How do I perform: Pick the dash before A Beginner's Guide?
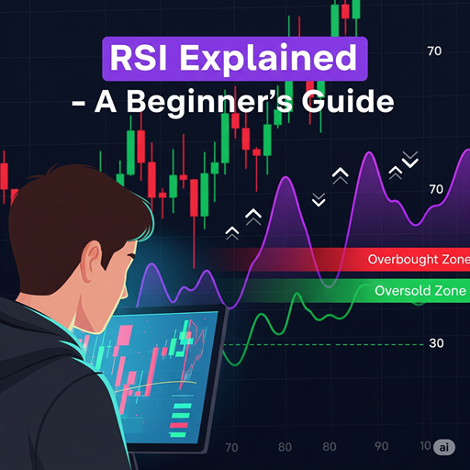pos(79,102)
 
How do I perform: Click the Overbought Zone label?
pos(417,260)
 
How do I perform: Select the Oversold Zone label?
pos(420,293)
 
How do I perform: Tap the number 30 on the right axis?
pos(436,344)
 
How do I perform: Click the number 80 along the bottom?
pos(329,448)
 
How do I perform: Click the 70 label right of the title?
pos(435,51)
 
